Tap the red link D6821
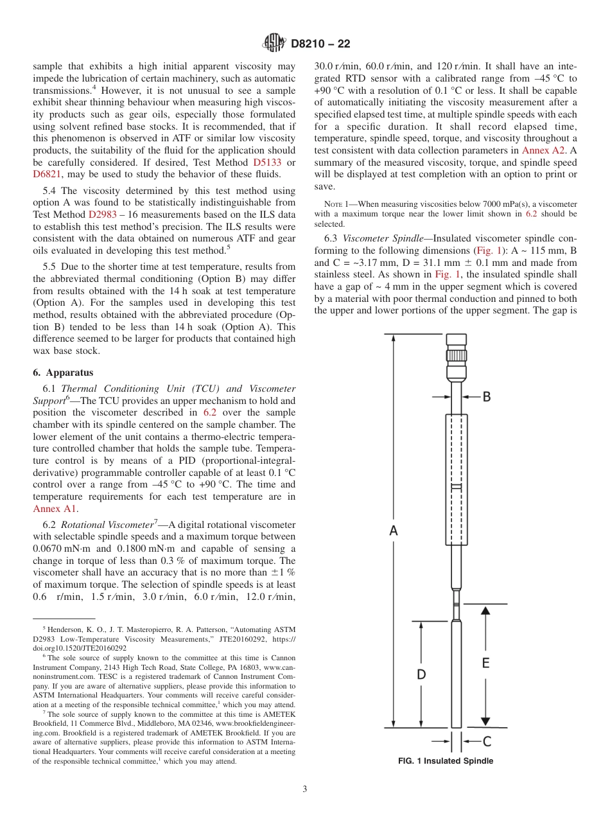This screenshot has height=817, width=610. pyautogui.click(x=48, y=175)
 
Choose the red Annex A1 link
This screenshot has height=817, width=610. pyautogui.click(x=55, y=509)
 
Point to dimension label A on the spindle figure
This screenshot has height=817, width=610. pyautogui.click(x=394, y=530)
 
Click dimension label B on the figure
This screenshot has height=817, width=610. pyautogui.click(x=486, y=397)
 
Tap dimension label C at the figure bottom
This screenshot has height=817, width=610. pyautogui.click(x=487, y=741)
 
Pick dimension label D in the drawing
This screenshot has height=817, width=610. pyautogui.click(x=421, y=674)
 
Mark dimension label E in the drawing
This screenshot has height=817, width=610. pyautogui.click(x=485, y=663)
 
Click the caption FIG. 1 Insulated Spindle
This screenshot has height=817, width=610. pyautogui.click(x=446, y=761)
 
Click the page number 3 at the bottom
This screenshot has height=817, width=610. pyautogui.click(x=304, y=789)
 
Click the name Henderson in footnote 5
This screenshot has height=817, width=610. pyautogui.click(x=66, y=630)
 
